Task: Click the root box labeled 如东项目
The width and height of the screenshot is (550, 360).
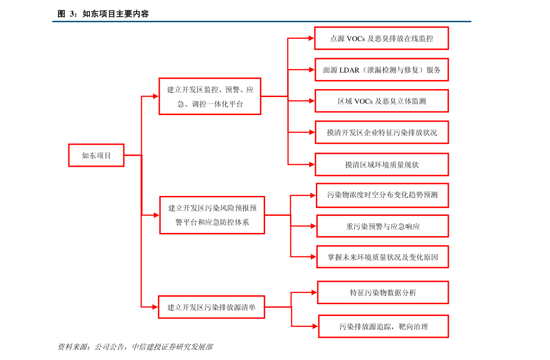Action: tap(96, 155)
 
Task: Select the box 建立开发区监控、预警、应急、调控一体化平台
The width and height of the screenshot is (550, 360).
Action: tap(210, 96)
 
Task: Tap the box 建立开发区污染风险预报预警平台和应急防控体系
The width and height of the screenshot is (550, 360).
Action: tap(212, 215)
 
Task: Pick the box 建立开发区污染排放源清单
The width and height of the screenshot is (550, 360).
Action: tap(212, 307)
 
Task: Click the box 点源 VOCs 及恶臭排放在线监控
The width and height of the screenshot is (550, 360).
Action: tap(381, 38)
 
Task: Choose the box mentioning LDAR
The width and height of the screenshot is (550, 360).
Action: tap(381, 70)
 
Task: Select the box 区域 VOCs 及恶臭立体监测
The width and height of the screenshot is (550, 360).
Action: tap(381, 101)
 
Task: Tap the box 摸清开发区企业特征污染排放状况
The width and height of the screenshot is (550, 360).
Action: tap(381, 132)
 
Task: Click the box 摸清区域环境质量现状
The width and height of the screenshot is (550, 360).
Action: tap(381, 165)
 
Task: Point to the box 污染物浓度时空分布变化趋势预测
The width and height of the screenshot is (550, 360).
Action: tap(382, 195)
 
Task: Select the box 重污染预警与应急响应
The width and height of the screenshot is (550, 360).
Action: tap(382, 226)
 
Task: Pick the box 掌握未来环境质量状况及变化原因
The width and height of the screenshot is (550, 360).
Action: tap(382, 257)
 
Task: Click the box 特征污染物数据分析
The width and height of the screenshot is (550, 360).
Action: tap(383, 293)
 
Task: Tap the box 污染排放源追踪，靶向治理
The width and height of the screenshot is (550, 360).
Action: tap(383, 326)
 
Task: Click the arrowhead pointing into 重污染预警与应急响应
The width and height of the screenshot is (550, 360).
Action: tap(313, 226)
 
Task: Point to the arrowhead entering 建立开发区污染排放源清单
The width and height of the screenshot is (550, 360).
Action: tap(156, 307)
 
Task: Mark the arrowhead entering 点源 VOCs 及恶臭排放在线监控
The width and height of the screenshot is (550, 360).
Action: tap(311, 38)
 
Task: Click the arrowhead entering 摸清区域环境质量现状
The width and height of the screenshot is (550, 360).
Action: tap(312, 165)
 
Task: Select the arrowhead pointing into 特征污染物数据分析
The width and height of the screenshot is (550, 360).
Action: tap(314, 293)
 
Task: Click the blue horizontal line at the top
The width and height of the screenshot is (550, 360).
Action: tap(261, 21)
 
